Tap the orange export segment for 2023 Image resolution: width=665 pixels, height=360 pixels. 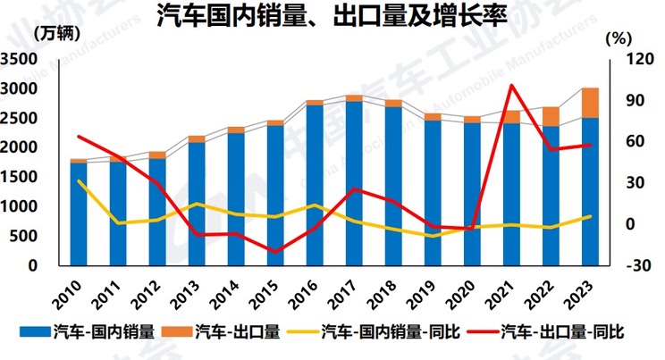[x=589, y=102]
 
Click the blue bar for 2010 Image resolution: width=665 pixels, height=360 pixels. [x=79, y=214]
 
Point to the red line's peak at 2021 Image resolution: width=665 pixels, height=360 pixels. [x=511, y=86]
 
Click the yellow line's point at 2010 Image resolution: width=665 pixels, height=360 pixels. [x=79, y=181]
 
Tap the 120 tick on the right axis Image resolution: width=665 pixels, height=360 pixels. [x=625, y=59]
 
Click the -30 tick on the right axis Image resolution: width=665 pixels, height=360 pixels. [x=625, y=265]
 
